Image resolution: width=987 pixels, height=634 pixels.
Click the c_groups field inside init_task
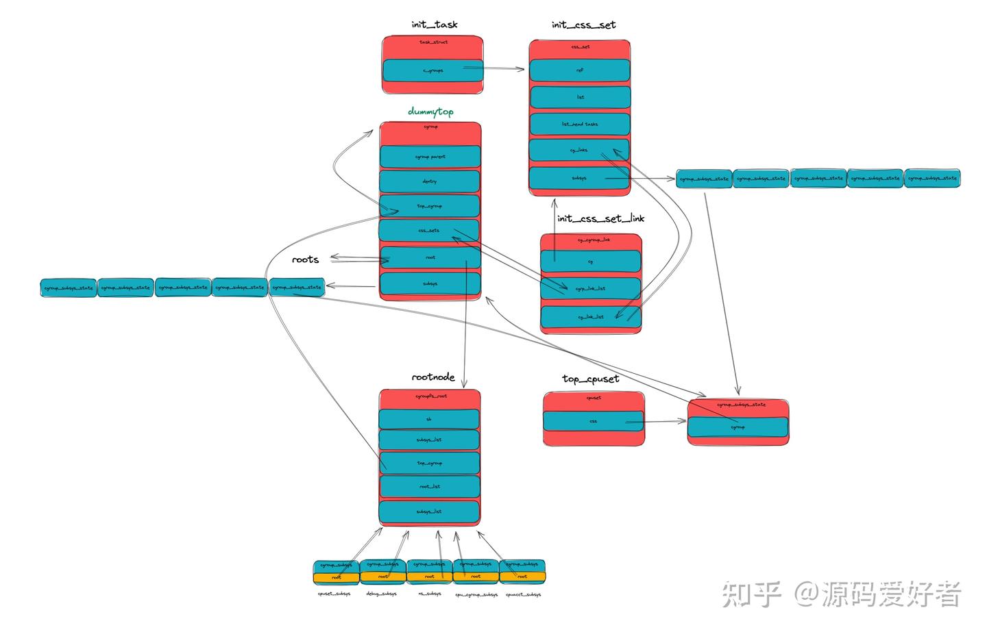pyautogui.click(x=432, y=71)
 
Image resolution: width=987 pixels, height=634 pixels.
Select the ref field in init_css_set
pyautogui.click(x=580, y=70)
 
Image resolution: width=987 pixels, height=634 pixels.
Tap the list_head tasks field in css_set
pyautogui.click(x=580, y=124)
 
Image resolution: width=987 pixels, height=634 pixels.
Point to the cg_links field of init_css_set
pyautogui.click(x=579, y=150)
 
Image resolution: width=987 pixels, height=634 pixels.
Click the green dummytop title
pyautogui.click(x=430, y=111)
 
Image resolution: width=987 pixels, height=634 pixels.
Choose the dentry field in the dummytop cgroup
pyautogui.click(x=430, y=181)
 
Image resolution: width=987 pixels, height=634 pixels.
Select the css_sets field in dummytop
pyautogui.click(x=429, y=231)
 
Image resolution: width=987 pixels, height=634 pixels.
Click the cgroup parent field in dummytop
pyautogui.click(x=430, y=157)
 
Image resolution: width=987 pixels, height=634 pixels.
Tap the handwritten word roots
pyautogui.click(x=305, y=259)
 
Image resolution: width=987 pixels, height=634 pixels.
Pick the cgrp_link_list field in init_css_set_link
pyautogui.click(x=590, y=288)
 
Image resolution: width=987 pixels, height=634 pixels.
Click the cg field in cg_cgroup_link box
pyautogui.click(x=590, y=262)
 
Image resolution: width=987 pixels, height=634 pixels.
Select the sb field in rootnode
pyautogui.click(x=429, y=419)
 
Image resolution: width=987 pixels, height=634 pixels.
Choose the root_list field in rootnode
pyautogui.click(x=429, y=487)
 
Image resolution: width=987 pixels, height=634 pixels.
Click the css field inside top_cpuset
pyautogui.click(x=594, y=421)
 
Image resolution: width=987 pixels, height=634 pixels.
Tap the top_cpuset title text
pyautogui.click(x=590, y=379)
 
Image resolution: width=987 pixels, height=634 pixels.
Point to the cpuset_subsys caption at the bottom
pyautogui.click(x=334, y=594)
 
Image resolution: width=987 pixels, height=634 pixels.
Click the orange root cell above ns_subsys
pyautogui.click(x=429, y=577)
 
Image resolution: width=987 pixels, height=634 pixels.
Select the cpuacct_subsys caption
pyautogui.click(x=523, y=594)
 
